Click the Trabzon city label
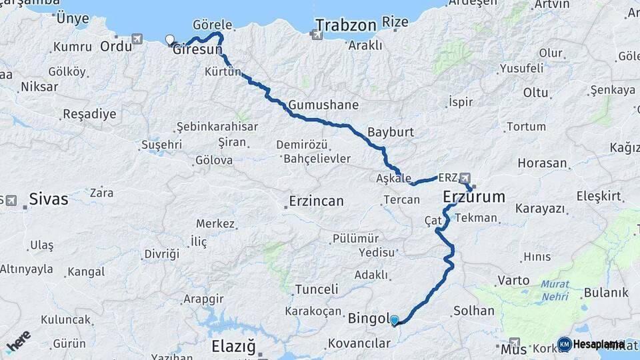point(346,26)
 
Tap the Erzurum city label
point(474,197)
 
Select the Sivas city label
point(48,199)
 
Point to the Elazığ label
point(233,347)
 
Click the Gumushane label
point(323,105)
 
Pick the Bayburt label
point(391,132)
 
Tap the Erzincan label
point(316,201)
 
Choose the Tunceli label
point(316,289)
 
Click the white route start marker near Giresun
point(169,39)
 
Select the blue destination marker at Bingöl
point(394,320)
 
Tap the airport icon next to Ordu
point(137,39)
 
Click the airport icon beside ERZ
point(465,178)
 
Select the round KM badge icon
point(564,344)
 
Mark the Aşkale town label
point(393,178)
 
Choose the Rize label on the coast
point(395,22)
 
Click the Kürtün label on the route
point(223,71)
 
